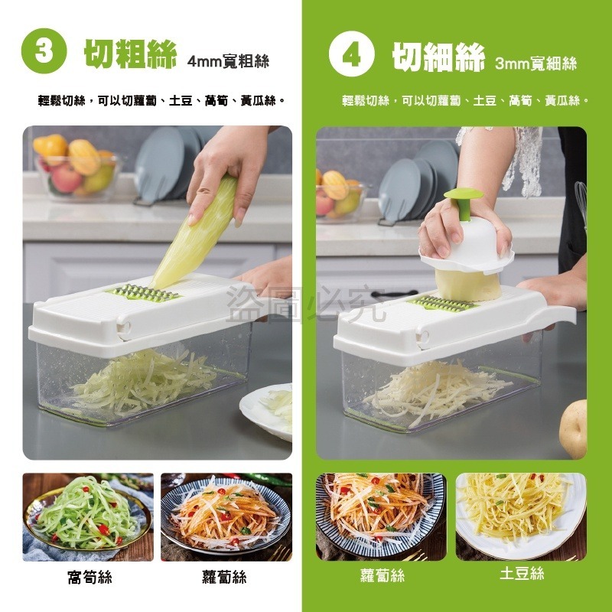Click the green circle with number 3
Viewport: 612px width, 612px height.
tap(44, 50)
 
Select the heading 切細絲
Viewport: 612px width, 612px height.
tap(438, 57)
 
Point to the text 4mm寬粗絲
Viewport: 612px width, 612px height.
tap(228, 61)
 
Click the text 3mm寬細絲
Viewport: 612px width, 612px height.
tap(535, 63)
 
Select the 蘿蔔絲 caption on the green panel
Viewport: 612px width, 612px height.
tap(382, 575)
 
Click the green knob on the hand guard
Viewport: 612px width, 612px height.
tap(464, 200)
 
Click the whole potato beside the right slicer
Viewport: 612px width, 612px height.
tap(574, 428)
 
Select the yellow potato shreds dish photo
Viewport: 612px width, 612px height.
tap(520, 511)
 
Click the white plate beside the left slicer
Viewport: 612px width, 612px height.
tap(269, 409)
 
